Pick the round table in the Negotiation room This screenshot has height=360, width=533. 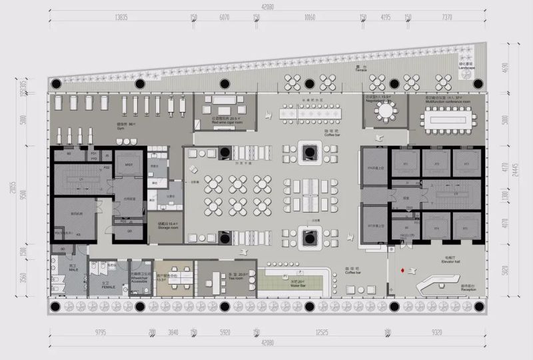(385, 109)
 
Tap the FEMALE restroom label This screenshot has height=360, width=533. (107, 287)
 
